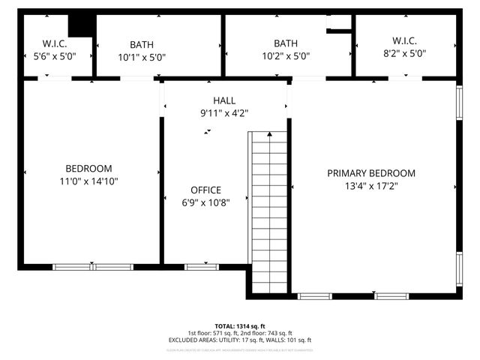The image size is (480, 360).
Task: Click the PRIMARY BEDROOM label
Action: point(370,173)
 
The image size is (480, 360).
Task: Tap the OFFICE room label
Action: point(205,190)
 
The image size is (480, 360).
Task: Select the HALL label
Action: point(223,100)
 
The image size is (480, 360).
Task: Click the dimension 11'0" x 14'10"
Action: point(88,181)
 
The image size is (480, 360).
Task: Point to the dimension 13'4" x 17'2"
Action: point(371,186)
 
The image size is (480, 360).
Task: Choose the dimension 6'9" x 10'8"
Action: point(205,202)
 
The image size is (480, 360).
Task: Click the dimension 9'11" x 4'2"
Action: point(223,113)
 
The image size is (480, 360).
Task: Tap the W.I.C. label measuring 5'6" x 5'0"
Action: point(55,43)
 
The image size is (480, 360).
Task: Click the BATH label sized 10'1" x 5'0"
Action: point(141,44)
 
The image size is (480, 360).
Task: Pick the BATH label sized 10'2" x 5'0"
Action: point(285,43)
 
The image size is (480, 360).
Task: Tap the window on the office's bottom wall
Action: point(197,266)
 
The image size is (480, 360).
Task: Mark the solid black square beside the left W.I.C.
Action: point(83,24)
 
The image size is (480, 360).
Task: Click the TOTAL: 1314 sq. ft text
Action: point(239,326)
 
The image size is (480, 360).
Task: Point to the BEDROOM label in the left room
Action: point(88,168)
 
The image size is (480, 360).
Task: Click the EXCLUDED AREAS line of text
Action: point(239,340)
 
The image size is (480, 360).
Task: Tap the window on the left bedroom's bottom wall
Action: point(92,266)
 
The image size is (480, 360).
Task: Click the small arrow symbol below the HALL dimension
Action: point(208,131)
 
